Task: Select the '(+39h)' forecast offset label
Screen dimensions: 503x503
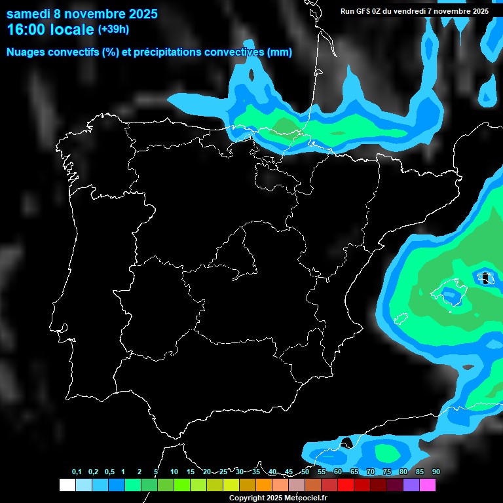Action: tap(113, 29)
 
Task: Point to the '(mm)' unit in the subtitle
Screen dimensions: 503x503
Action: tap(279, 52)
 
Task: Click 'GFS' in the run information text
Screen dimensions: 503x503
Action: tap(366, 10)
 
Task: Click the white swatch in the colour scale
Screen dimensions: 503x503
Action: tap(67, 485)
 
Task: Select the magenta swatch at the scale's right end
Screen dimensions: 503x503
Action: tap(428, 485)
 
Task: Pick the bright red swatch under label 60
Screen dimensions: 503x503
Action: tap(346, 485)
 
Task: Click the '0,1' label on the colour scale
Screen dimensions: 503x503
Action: tap(77, 472)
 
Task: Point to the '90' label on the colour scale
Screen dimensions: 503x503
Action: tap(436, 472)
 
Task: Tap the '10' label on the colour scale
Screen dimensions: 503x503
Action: tap(174, 472)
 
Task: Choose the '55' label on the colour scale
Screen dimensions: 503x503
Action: tap(322, 472)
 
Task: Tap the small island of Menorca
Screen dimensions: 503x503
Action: tap(485, 278)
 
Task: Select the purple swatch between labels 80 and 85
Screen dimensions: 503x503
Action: tap(411, 485)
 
